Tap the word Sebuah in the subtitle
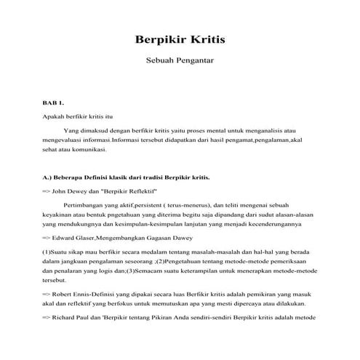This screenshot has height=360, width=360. click(161, 63)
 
